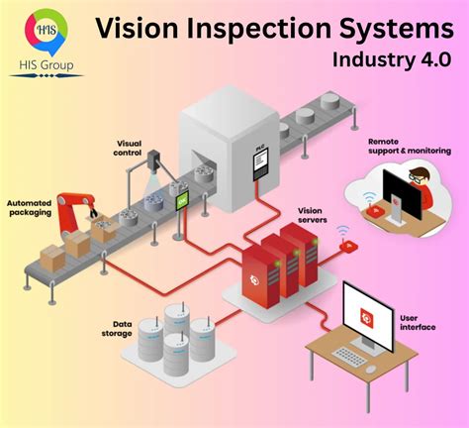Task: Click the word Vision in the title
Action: pyautogui.click(x=141, y=28)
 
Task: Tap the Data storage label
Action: pyautogui.click(x=118, y=329)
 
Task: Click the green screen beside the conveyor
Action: pyautogui.click(x=183, y=201)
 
